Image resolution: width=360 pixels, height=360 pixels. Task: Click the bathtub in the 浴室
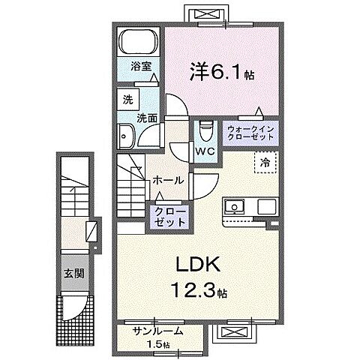point(139,41)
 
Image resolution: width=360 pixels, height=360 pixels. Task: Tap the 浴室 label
point(141,66)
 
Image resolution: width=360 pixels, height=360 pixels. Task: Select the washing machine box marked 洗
point(128,100)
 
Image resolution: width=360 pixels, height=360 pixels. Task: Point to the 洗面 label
point(147,118)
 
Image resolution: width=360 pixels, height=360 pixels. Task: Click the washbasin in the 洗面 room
point(126,136)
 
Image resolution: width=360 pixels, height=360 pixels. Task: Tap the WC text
point(205,151)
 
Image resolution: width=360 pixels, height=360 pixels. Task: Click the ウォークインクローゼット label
point(250,133)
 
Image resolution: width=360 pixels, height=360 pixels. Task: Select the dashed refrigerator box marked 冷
point(265,162)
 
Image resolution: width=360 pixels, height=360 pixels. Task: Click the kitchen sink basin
point(235,206)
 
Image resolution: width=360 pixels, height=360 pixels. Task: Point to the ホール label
point(168,180)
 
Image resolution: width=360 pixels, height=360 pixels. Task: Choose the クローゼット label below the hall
point(170,217)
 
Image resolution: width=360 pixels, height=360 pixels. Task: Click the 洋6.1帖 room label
point(222,72)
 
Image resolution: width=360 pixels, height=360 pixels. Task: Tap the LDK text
point(198,265)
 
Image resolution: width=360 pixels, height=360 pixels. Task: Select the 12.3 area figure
point(193,290)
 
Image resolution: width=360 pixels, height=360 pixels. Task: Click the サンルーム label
point(158,331)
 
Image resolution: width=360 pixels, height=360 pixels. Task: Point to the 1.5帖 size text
point(158,345)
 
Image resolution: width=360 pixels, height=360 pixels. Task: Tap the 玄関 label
point(73,274)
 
